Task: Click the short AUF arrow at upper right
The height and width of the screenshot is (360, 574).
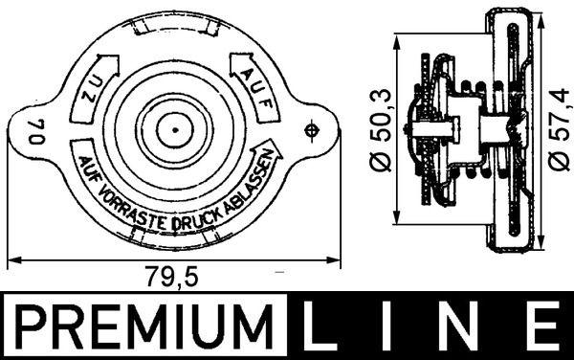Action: [251, 74]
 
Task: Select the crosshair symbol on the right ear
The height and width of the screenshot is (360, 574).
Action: [311, 130]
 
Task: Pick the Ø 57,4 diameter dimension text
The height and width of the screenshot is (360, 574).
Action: [558, 129]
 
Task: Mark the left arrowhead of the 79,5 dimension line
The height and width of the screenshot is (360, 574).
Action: [11, 259]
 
